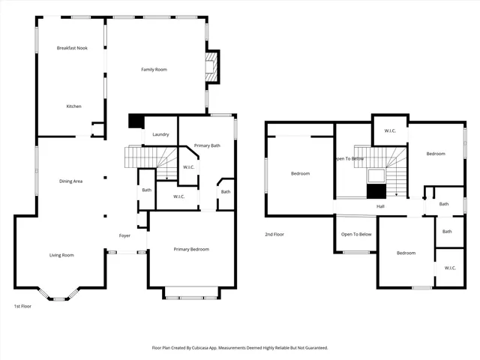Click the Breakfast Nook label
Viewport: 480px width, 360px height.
[x=73, y=48]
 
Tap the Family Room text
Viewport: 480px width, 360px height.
[x=154, y=70]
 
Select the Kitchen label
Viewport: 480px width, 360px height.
[x=73, y=106]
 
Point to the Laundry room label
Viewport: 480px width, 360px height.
[x=160, y=135]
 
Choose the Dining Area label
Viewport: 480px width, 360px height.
[x=71, y=181]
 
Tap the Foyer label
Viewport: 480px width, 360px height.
[x=125, y=235]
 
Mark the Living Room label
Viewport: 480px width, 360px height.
[x=61, y=256]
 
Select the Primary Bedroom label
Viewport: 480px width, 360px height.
[x=191, y=249]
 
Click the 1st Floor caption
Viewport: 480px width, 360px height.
[x=22, y=307]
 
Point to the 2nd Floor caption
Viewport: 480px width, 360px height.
[x=274, y=235]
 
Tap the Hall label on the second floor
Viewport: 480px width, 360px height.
[x=380, y=207]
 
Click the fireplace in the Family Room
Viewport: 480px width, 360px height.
[x=213, y=66]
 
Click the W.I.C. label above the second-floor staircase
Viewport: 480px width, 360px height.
[x=390, y=131]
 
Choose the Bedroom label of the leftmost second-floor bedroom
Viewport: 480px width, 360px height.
[x=300, y=174]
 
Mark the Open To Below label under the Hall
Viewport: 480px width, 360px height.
[x=356, y=235]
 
